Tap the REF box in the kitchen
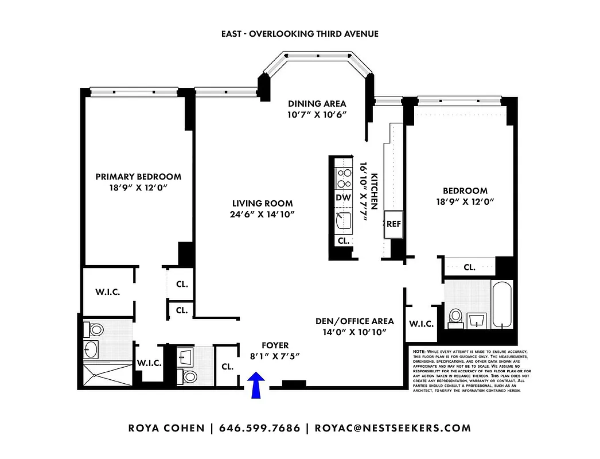point(393,224)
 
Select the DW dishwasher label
point(343,198)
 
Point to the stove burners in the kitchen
point(344,178)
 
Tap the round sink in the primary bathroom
point(91,348)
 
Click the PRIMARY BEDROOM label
point(138,177)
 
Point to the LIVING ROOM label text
point(262,203)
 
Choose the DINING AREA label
point(317,104)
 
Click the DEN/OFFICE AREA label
point(355,321)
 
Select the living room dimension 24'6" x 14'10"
point(262,215)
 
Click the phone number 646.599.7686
point(260,428)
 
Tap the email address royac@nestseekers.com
point(393,428)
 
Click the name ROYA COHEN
point(166,428)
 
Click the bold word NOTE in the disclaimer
point(419,351)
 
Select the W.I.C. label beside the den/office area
point(420,324)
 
